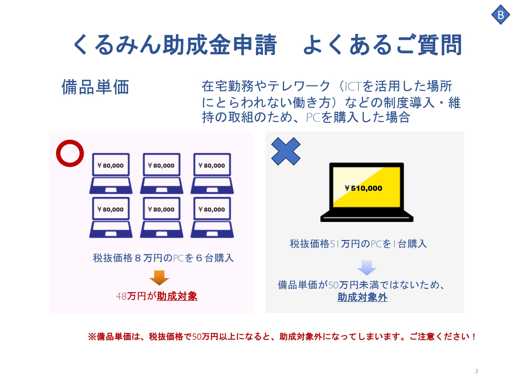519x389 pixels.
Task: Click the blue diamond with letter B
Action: pos(500,15)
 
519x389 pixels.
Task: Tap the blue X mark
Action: pos(286,151)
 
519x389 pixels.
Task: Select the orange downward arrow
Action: pos(160,278)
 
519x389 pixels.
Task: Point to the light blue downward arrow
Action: pos(367,268)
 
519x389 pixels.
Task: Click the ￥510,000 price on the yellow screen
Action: pos(363,188)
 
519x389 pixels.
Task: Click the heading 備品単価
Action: pos(95,87)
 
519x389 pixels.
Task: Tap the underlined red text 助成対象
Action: pos(177,296)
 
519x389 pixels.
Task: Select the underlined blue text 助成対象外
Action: pos(363,297)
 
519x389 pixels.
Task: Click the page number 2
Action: pos(476,371)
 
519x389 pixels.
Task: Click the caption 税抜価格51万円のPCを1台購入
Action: pos(358,244)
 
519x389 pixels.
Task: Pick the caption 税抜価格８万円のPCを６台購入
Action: pos(163,258)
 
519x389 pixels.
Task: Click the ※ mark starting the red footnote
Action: pos(92,336)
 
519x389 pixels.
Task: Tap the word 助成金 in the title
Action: pos(196,45)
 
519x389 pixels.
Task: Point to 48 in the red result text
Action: pos(121,296)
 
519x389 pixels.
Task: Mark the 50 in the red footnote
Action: pos(197,337)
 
